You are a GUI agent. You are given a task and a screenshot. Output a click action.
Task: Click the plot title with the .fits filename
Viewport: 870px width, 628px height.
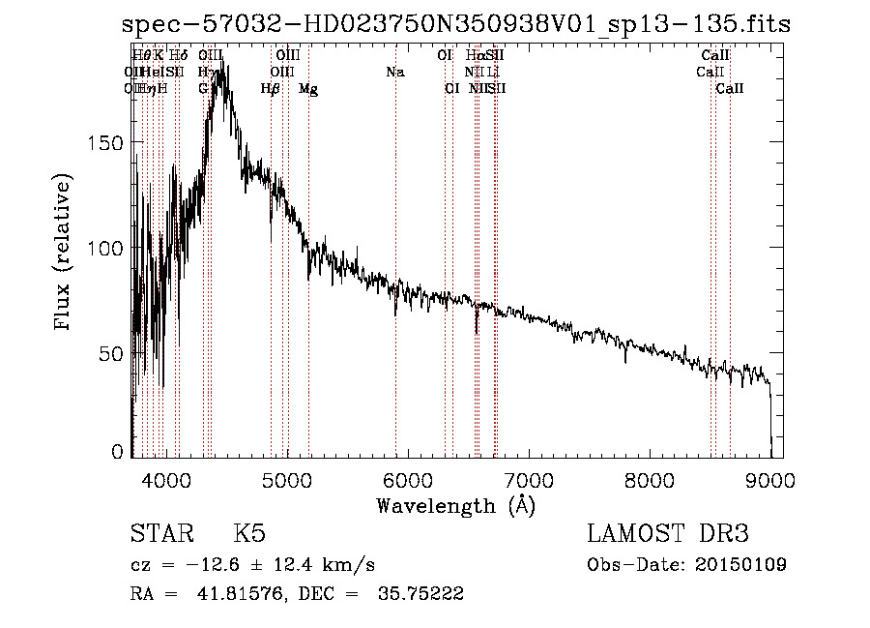[x=456, y=25]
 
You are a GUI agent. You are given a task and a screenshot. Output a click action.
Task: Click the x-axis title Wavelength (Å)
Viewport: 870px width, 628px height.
[x=455, y=505]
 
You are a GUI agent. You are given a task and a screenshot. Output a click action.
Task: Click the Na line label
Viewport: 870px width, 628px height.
[x=394, y=73]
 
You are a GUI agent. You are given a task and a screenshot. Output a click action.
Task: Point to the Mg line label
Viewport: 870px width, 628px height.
[x=308, y=89]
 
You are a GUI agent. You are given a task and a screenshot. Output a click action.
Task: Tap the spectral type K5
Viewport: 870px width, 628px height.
[x=248, y=534]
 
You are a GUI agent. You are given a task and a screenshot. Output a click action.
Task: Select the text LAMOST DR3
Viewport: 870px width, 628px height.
[x=668, y=534]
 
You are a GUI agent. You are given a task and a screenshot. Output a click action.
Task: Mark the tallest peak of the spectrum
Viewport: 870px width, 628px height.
[x=223, y=68]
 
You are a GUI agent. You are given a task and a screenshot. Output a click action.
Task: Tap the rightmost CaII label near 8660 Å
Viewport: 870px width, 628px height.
[x=730, y=89]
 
